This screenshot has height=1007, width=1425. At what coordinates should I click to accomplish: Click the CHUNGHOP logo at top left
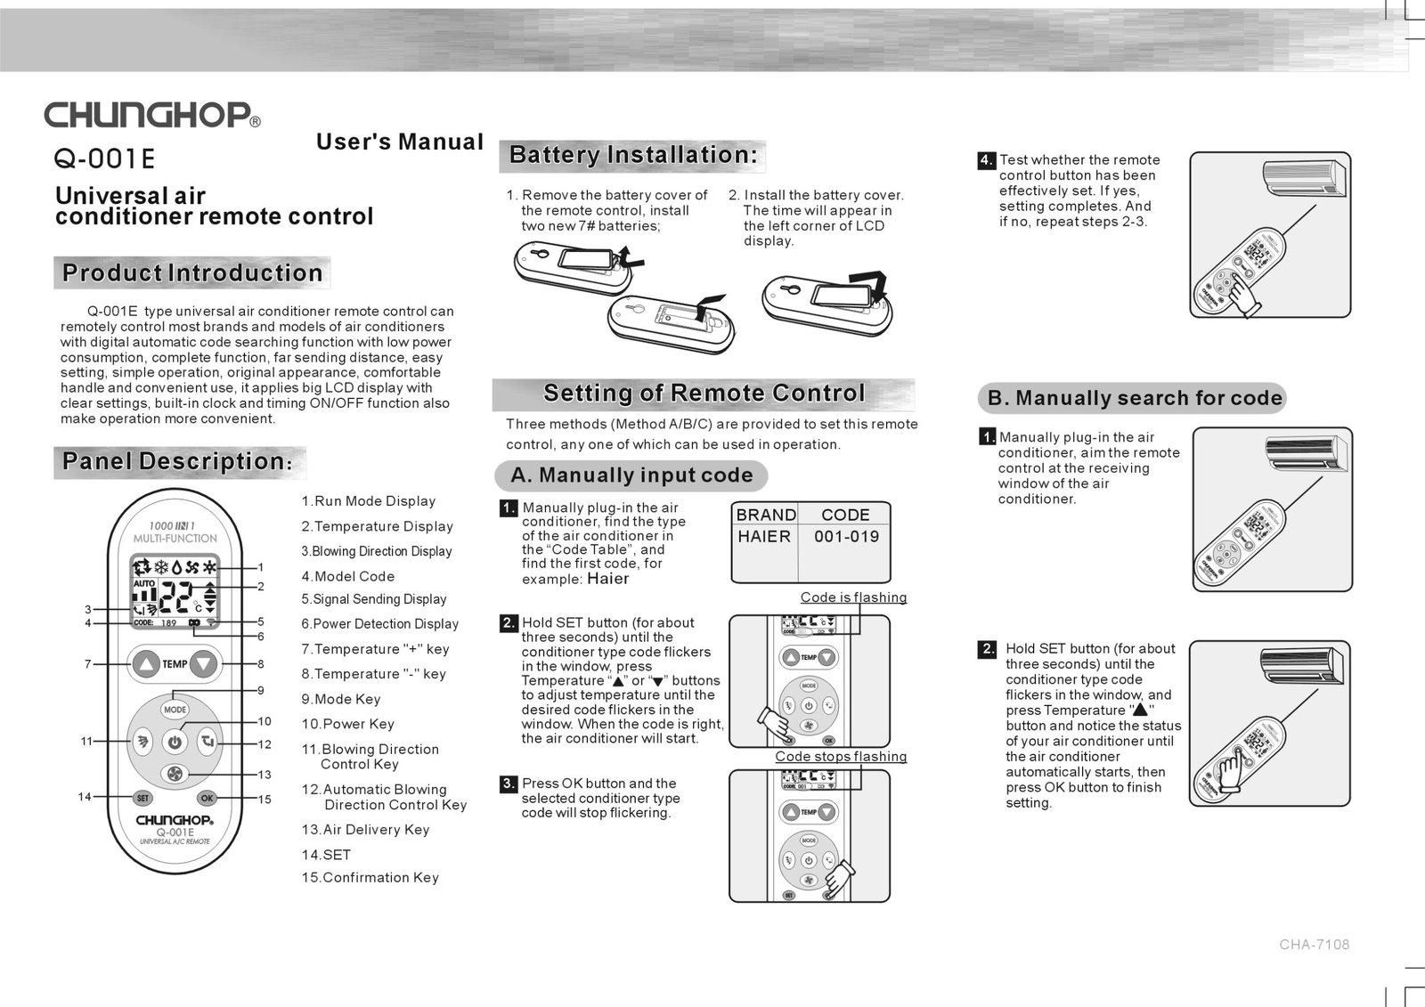pos(152,115)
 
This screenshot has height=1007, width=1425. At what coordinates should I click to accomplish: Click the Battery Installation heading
pos(633,155)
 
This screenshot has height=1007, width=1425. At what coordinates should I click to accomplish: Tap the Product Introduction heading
pos(192,273)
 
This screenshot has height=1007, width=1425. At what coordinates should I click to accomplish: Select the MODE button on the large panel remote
pos(175,710)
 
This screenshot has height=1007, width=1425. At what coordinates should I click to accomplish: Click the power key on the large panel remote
pos(175,742)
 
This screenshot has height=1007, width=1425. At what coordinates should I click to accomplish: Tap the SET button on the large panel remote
pos(142,798)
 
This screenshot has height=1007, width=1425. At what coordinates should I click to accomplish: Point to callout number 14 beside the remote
pos(85,797)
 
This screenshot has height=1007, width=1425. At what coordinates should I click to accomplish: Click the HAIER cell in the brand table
pos(764,537)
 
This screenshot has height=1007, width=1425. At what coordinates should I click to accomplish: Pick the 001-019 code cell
pos(846,537)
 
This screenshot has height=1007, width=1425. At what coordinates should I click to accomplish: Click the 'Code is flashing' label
pos(853,597)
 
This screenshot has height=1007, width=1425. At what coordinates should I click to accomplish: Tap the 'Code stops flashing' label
pos(841,757)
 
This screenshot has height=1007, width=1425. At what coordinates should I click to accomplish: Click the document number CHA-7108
pos(1315,945)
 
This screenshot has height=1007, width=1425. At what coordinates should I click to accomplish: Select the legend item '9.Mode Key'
pos(341,699)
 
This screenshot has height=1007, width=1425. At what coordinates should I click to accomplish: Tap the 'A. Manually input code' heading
pos(631,475)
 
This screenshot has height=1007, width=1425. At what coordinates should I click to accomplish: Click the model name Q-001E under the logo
pos(104,159)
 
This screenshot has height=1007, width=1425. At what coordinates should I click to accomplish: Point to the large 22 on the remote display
pos(175,597)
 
